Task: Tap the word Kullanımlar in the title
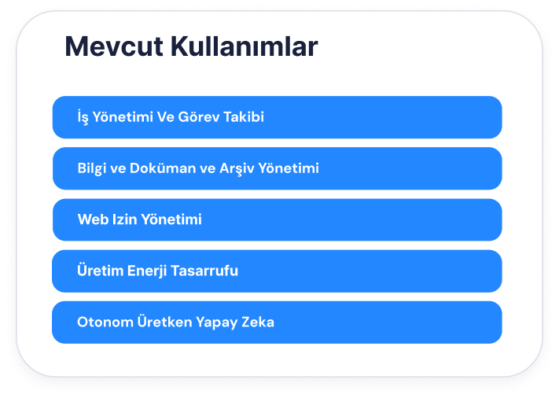(245, 46)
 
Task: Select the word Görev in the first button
(199, 116)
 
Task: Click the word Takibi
(244, 116)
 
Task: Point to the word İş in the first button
(83, 116)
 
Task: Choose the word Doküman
(163, 168)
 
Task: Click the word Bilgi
(92, 168)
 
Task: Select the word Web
(93, 219)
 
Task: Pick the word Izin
(124, 219)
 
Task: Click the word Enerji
(147, 271)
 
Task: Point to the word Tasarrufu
(204, 271)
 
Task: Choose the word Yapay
(217, 322)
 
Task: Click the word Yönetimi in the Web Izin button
(171, 219)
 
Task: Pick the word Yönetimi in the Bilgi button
(289, 168)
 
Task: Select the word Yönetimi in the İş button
(123, 116)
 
